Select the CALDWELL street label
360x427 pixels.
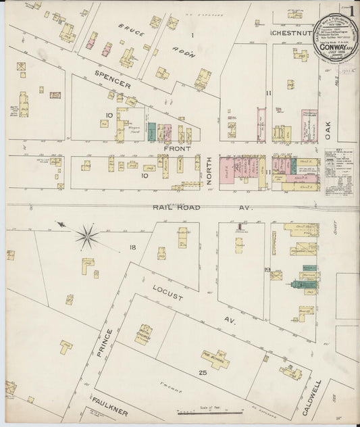(316, 391)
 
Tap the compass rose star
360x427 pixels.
(87, 235)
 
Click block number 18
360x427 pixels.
(133, 248)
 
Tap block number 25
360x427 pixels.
(202, 373)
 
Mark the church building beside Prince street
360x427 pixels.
(143, 334)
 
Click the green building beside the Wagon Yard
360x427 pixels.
(152, 132)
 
